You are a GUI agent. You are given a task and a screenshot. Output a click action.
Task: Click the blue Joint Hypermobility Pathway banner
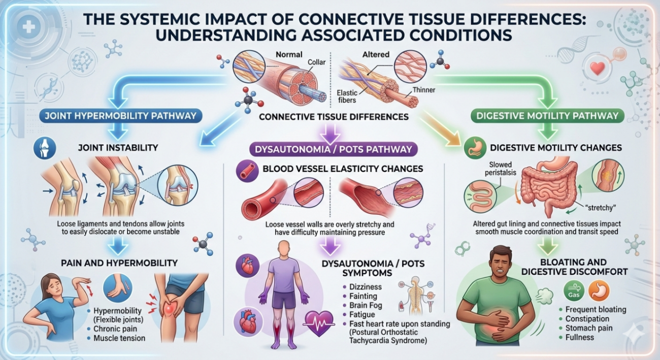pos(120,116)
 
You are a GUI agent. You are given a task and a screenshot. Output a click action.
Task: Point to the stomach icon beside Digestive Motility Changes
pos(473,148)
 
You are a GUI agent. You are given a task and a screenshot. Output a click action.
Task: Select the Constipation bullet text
pos(587,319)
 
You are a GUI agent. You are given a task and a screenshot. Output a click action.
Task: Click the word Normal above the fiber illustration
pos(288,54)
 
